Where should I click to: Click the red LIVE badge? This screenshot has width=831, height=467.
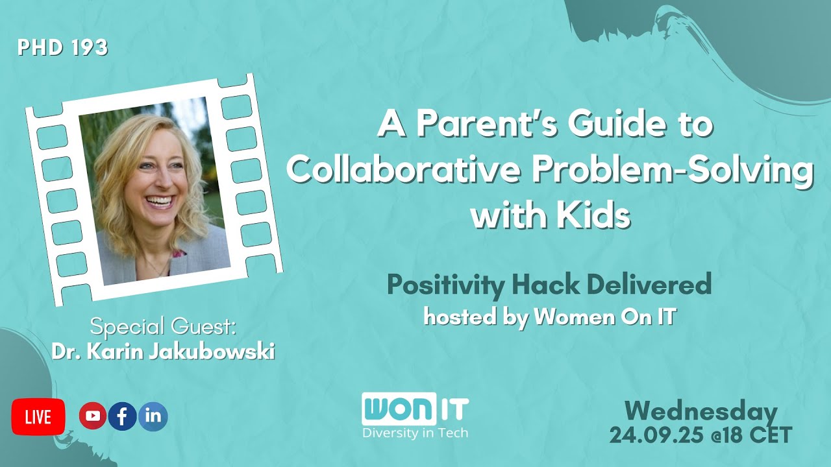(x=38, y=417)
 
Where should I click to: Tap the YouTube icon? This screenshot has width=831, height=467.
(x=93, y=416)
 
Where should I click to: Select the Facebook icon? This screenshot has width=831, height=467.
(x=123, y=416)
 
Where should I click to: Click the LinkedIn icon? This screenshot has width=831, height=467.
(x=153, y=416)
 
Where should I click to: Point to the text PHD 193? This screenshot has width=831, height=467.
(x=63, y=48)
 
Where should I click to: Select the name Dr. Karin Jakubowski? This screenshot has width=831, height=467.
(x=163, y=352)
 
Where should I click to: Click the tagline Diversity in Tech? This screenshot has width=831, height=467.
(x=415, y=433)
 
